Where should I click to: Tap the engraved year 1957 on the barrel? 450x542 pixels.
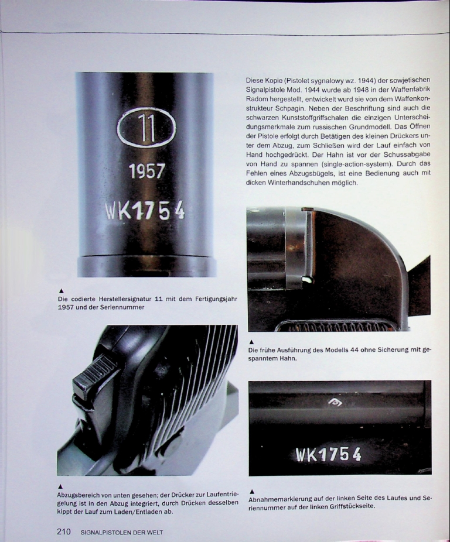tap(147, 171)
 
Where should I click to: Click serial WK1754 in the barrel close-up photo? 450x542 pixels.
tap(145, 211)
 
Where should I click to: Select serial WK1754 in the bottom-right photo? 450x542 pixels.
tap(329, 455)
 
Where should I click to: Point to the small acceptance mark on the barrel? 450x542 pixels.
tap(335, 402)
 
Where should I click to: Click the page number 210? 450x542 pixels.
tap(64, 531)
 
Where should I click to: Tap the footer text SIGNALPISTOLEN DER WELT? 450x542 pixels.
tap(122, 532)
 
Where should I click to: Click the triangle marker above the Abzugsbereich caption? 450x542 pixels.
tap(60, 488)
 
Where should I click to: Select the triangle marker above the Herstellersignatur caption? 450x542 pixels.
tap(60, 291)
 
